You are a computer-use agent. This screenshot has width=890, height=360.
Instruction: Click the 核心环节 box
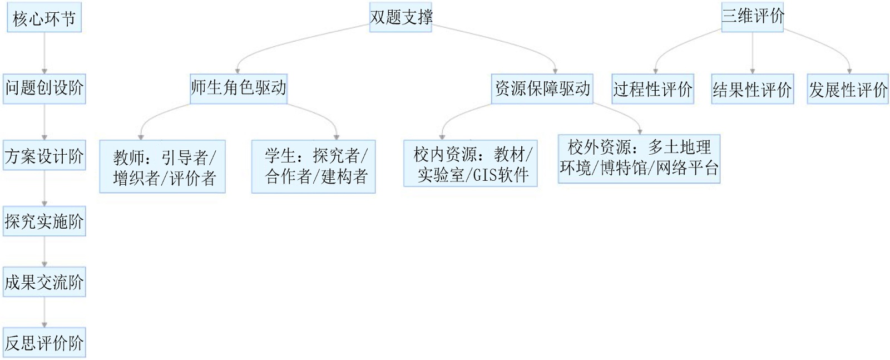coord(44,19)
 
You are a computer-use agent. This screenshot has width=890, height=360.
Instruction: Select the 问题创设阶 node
coord(44,88)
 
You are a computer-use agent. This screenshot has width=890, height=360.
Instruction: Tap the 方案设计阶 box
coord(44,156)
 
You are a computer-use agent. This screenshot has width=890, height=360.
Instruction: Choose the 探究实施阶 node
coord(44,221)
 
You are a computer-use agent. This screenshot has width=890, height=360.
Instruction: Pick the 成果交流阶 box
coord(44,283)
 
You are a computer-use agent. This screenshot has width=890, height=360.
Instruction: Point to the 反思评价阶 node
coord(44,343)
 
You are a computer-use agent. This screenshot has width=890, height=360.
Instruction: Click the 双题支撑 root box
coord(400,17)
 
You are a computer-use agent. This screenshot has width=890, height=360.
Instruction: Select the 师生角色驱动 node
coord(238,88)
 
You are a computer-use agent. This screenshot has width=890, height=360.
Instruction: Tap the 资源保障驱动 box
coord(542,88)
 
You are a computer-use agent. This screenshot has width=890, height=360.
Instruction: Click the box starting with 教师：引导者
coord(162,167)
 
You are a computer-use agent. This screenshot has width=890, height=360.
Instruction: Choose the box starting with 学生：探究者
coord(314,166)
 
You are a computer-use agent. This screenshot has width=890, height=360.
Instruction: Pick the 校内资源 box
coord(471,164)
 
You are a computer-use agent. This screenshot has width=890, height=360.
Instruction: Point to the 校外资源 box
coord(639,159)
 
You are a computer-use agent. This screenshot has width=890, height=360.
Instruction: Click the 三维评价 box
coord(752,17)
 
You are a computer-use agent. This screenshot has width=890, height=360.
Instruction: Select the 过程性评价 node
coord(652,89)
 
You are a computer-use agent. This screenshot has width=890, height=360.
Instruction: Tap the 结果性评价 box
coord(752,90)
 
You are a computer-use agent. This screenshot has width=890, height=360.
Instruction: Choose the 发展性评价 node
coord(848,90)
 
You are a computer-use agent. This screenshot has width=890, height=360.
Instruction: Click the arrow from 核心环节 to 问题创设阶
coord(44,53)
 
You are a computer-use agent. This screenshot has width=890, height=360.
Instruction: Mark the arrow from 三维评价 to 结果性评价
coord(752,53)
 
